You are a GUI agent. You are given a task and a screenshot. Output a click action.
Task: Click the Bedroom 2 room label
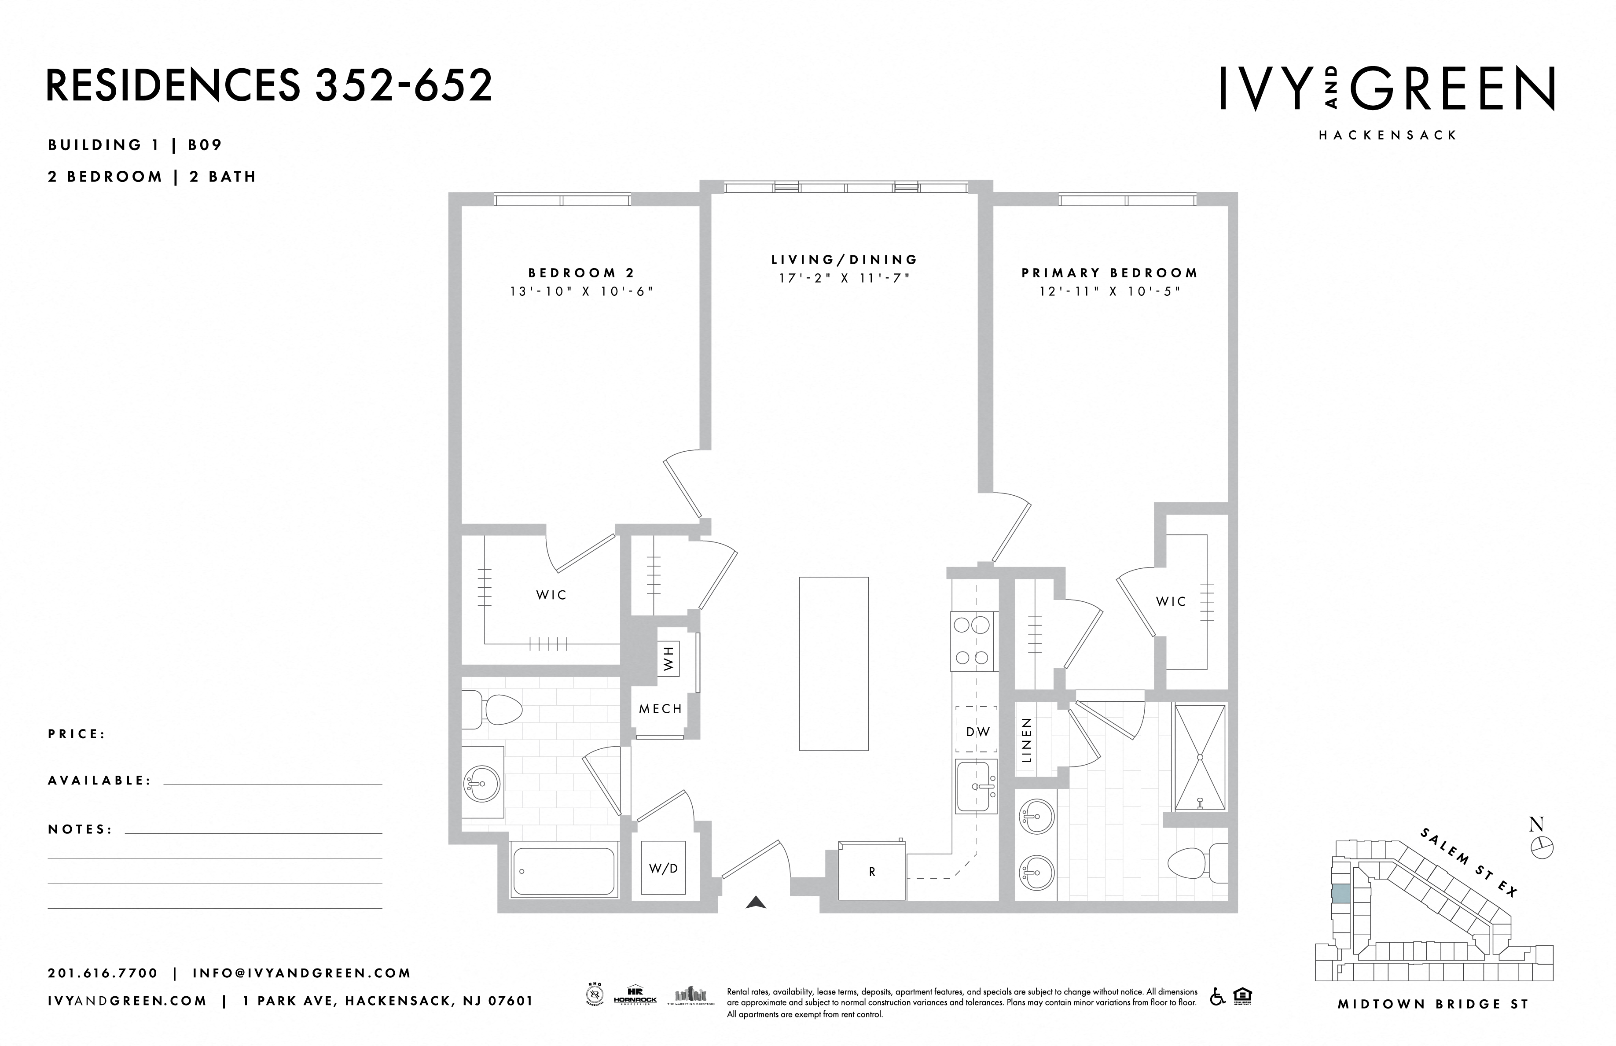pyautogui.click(x=581, y=273)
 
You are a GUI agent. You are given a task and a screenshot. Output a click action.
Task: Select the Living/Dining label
pyautogui.click(x=844, y=259)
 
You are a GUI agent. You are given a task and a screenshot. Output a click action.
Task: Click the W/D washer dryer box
pyautogui.click(x=663, y=868)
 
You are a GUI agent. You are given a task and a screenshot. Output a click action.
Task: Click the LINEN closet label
pyautogui.click(x=1027, y=740)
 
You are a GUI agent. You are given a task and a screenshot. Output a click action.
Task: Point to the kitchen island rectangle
pyautogui.click(x=834, y=663)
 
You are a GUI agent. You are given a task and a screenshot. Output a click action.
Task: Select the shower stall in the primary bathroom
pyautogui.click(x=1200, y=757)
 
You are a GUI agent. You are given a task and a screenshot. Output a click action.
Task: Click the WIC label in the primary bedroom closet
pyautogui.click(x=1171, y=601)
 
